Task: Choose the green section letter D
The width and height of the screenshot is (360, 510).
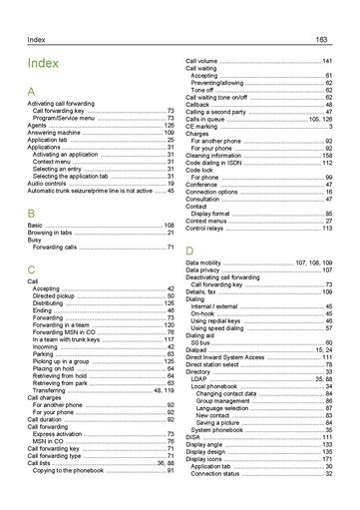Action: coord(189,249)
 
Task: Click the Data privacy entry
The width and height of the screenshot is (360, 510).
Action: coord(205,269)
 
